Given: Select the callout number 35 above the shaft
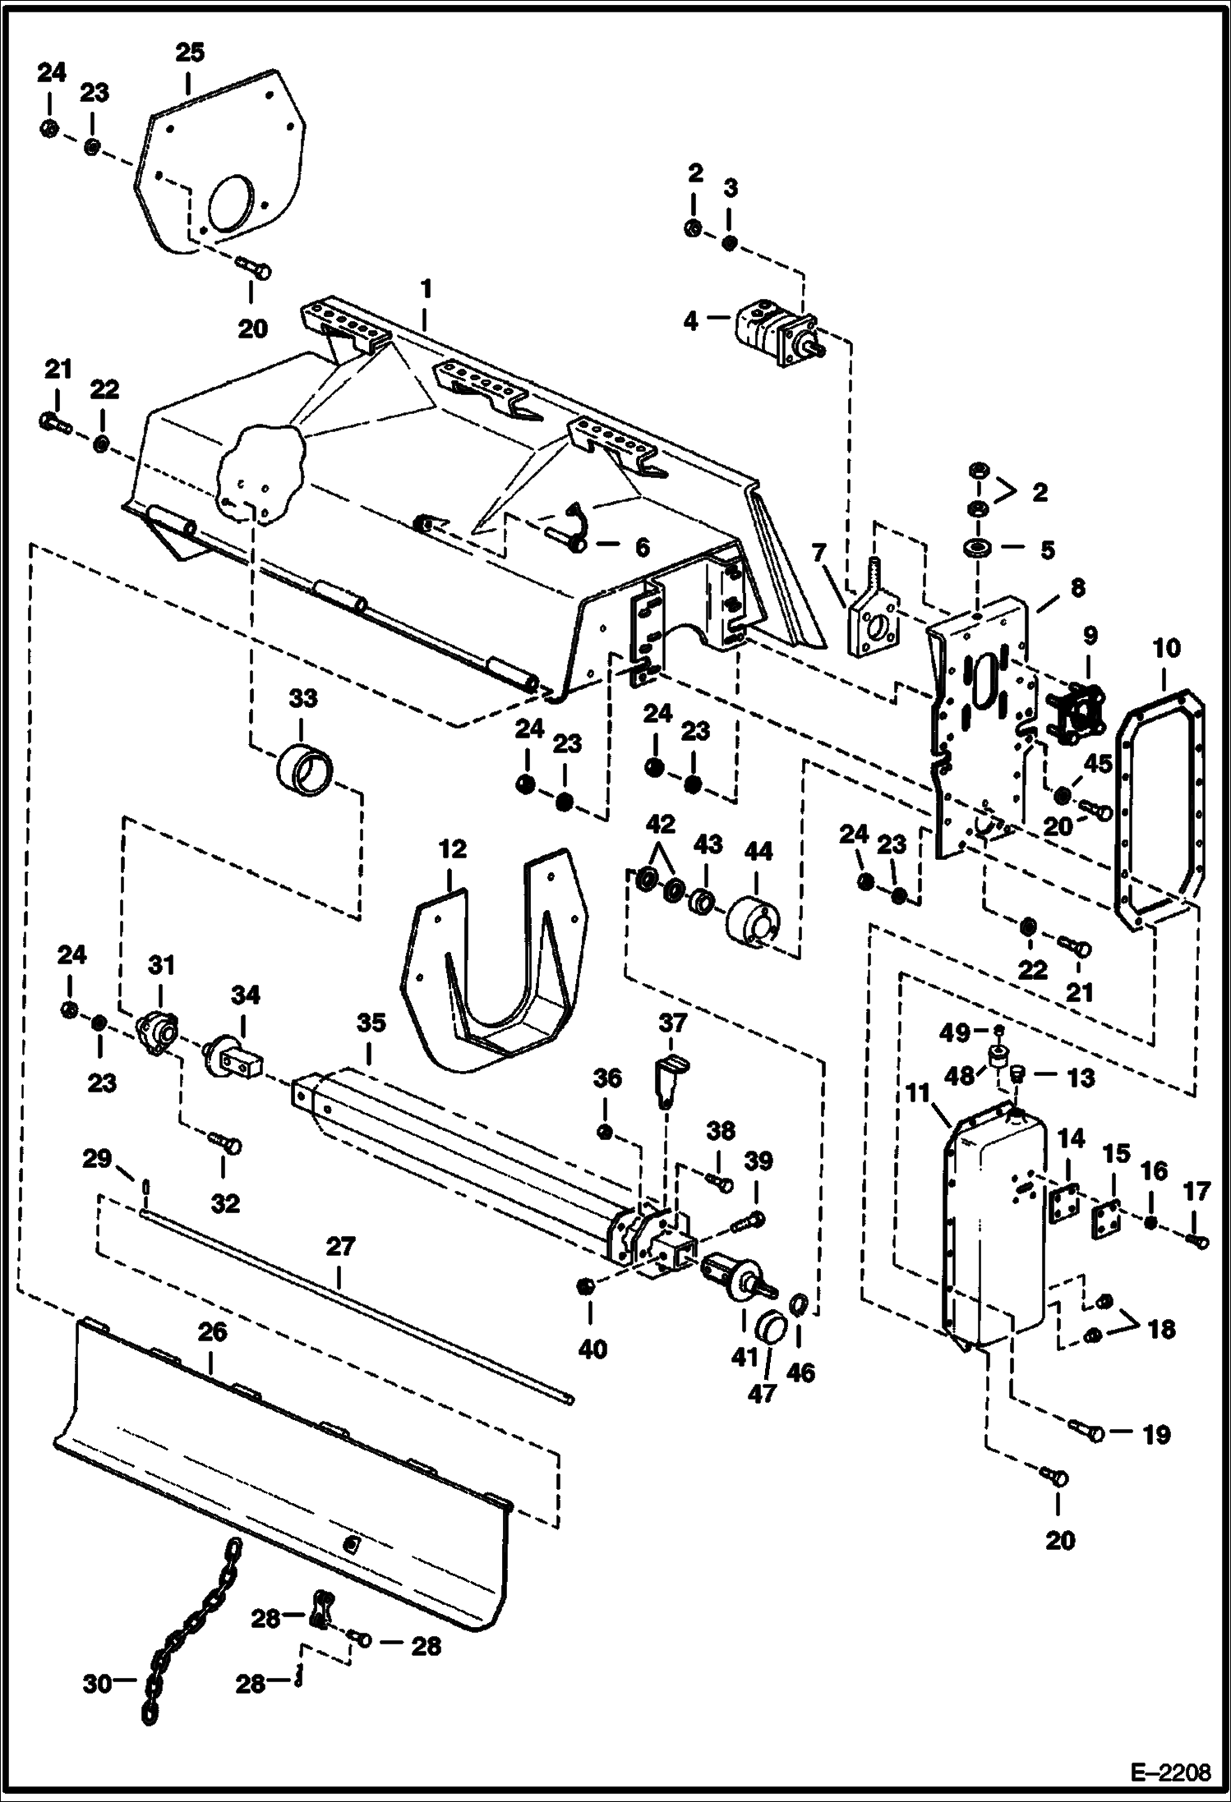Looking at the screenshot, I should click(371, 1023).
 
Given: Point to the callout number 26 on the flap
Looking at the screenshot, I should click(212, 1332).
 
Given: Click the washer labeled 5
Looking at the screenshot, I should click(976, 549).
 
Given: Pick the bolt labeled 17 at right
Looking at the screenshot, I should click(1199, 1242).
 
